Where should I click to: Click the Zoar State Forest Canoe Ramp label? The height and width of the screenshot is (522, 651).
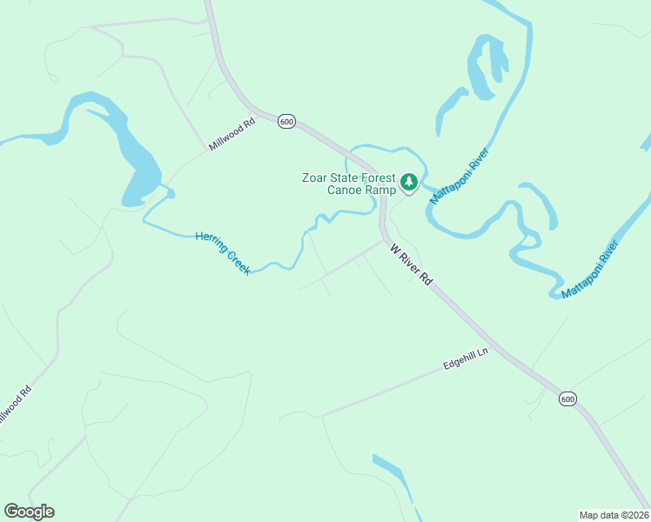[x=348, y=184]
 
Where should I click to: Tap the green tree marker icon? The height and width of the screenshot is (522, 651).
[x=409, y=183]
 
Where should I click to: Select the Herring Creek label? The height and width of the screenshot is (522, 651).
[x=223, y=253]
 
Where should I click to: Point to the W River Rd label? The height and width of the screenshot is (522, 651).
[x=411, y=264]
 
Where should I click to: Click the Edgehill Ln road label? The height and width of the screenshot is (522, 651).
[x=466, y=360]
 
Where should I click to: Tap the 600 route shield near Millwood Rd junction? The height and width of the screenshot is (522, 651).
[x=287, y=122]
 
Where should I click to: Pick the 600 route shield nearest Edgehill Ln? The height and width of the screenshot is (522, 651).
[x=567, y=398]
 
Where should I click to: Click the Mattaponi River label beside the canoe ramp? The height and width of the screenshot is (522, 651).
[x=460, y=177]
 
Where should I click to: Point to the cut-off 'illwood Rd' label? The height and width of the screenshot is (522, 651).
[x=16, y=407]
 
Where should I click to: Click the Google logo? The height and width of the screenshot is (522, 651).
[x=29, y=512]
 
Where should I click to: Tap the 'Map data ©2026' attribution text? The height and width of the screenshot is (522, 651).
[x=614, y=514]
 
